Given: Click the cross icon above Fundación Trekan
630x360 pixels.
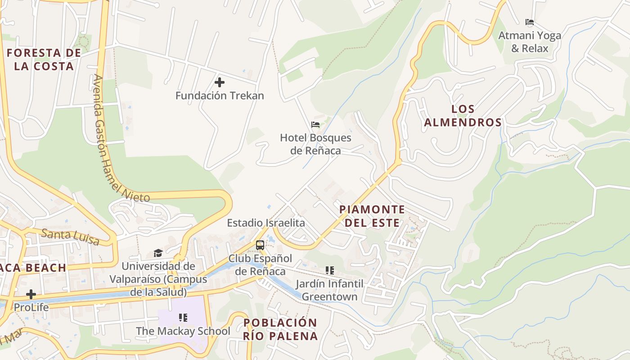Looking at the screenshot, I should tap(220, 82).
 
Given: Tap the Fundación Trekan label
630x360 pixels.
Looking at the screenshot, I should tap(220, 96).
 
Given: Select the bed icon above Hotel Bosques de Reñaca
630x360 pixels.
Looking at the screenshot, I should tap(315, 125).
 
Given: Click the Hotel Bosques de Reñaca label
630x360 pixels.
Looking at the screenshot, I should tap(315, 144).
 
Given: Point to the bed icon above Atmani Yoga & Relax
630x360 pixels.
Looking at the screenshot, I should tap(530, 22).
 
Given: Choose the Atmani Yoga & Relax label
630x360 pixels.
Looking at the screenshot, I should tap(530, 42).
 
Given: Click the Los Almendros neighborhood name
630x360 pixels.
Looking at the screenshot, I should tap(463, 116).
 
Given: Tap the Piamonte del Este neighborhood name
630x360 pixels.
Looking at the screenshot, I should tap(372, 216).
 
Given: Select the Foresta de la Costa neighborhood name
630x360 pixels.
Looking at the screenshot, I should tap(44, 59).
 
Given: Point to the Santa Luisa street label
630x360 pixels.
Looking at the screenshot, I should tap(70, 237).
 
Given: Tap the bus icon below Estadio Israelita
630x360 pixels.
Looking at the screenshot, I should tap(260, 245).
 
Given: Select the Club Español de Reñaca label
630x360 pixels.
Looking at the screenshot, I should tap(261, 265).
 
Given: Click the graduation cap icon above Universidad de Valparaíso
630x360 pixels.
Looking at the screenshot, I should tap(158, 253).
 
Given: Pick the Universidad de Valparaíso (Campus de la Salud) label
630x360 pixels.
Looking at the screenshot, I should tap(158, 279).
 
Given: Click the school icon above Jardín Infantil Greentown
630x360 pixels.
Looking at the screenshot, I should tap(330, 270).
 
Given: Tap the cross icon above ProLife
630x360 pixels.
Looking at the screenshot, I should tap(31, 295).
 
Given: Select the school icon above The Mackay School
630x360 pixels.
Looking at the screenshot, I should tap(183, 318).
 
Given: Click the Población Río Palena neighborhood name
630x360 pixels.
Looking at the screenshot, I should tap(280, 329).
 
